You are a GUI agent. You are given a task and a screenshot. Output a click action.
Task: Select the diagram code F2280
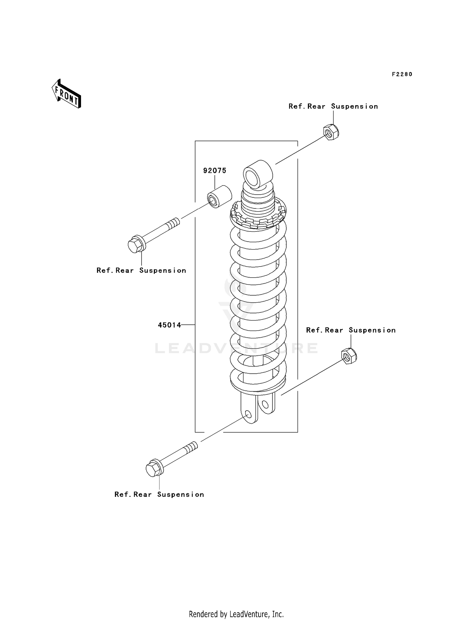tap(402, 74)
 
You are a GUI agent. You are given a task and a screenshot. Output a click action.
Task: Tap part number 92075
tap(215, 171)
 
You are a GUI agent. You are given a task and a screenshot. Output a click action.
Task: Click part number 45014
tap(169, 325)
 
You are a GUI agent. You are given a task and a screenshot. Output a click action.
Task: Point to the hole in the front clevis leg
tap(248, 414)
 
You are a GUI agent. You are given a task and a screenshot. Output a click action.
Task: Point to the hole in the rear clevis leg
tap(266, 405)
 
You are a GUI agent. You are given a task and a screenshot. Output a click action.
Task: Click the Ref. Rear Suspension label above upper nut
tap(333, 106)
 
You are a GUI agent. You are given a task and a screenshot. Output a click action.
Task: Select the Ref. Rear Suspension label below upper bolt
tap(141, 271)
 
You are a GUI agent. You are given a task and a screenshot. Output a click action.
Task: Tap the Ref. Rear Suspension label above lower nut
tap(351, 330)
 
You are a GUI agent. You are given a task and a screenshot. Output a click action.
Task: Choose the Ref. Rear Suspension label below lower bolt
tap(159, 495)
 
